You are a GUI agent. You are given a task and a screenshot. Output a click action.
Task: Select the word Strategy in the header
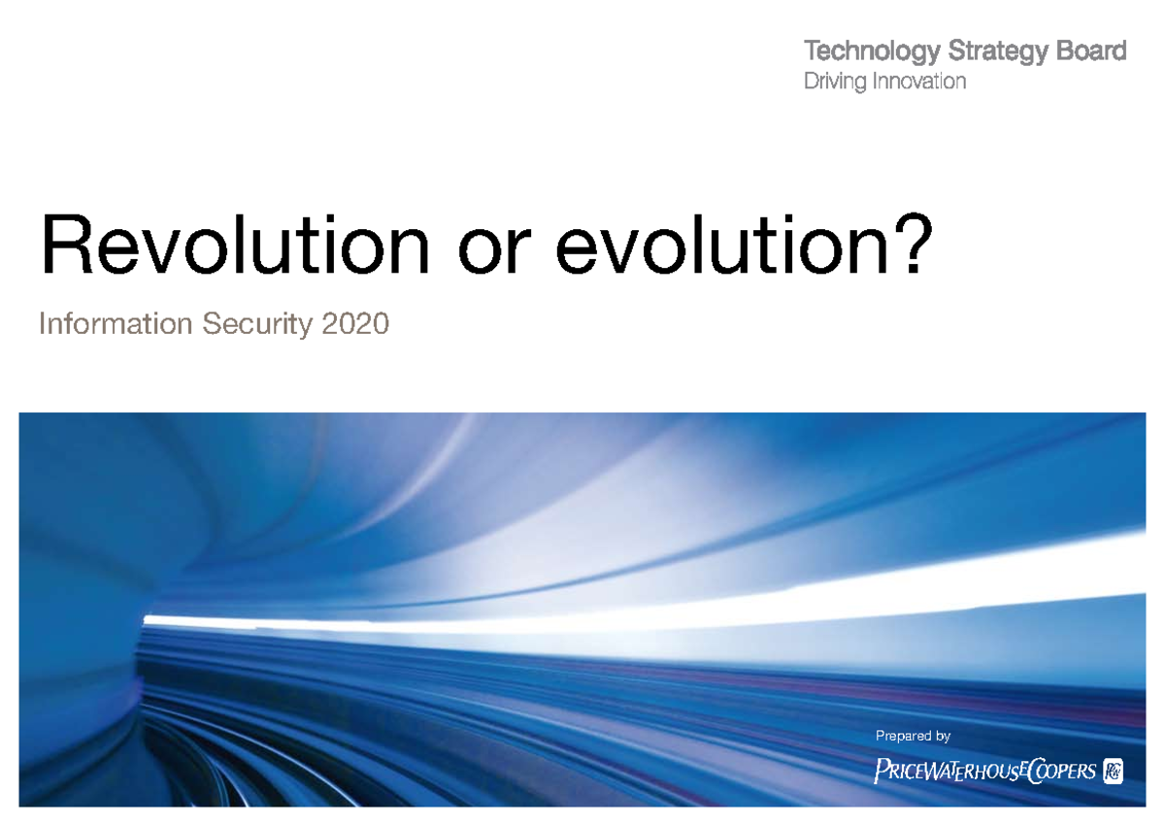point(980,51)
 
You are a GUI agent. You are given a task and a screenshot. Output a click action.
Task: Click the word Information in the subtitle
point(116,324)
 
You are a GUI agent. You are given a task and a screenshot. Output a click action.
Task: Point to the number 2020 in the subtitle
point(355,324)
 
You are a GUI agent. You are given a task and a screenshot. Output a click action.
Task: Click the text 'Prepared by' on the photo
point(913,737)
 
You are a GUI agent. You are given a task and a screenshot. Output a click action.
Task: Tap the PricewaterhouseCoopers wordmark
point(985,772)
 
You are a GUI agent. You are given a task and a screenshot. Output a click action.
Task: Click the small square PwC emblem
point(1113,771)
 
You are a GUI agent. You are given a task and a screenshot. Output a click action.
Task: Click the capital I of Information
point(43,324)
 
